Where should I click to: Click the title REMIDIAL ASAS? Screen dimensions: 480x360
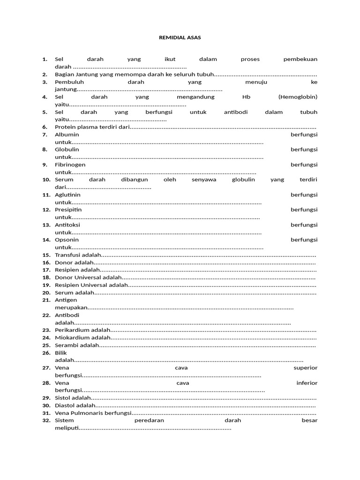[x=180, y=37]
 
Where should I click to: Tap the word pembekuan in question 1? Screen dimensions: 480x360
[x=300, y=60]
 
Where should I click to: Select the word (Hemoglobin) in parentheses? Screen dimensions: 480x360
[x=298, y=97]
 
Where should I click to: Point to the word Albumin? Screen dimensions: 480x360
[x=67, y=135]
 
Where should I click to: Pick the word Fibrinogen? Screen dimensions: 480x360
[x=70, y=165]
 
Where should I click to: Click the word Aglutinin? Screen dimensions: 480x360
[x=68, y=195]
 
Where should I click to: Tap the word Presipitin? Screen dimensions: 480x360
[x=68, y=210]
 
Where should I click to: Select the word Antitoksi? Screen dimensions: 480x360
[x=67, y=225]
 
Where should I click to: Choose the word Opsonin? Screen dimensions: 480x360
[x=67, y=240]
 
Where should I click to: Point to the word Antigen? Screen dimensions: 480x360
[x=66, y=300]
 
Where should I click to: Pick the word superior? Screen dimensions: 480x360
[x=305, y=368]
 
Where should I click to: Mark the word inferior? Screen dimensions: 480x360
[x=307, y=383]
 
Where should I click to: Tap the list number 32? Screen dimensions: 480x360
[x=46, y=420]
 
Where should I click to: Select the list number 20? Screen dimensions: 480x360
[x=46, y=292]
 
